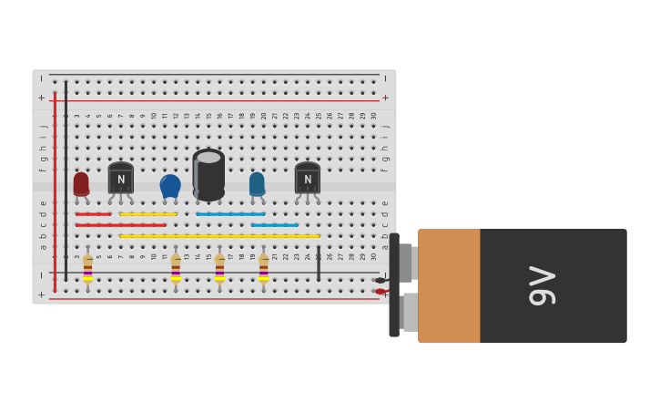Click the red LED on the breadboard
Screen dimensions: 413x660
[81, 183]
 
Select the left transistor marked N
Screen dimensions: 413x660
[121, 178]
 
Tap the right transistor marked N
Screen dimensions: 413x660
[308, 178]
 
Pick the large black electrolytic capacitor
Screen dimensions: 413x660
[208, 174]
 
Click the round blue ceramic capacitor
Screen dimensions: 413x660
[170, 185]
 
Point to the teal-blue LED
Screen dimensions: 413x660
[257, 183]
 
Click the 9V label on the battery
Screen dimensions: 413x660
[543, 285]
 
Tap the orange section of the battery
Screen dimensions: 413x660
[449, 285]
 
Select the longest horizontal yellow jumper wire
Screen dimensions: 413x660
[219, 236]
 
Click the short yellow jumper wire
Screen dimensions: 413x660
[148, 214]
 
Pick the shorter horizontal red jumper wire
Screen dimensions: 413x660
[93, 214]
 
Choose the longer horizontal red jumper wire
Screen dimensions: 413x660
[121, 225]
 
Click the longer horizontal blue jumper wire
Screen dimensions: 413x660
[230, 214]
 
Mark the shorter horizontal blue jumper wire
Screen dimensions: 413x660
[274, 225]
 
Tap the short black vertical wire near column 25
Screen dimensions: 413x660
[319, 263]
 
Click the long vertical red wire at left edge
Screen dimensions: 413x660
[55, 191]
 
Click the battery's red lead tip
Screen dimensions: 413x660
[380, 292]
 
